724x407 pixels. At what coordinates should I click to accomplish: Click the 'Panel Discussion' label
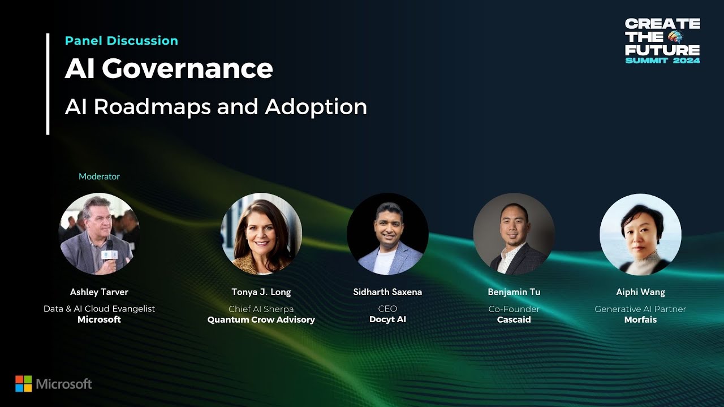[121, 41]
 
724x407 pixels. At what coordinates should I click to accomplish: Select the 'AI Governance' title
[169, 68]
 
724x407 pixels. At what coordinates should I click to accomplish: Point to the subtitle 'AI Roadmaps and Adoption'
[216, 106]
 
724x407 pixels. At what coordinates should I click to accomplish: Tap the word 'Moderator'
[99, 176]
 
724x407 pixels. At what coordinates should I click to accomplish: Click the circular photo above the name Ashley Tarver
[99, 234]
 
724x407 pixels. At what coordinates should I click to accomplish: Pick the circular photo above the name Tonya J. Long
[261, 234]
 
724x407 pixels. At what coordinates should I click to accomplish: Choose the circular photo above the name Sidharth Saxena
[387, 234]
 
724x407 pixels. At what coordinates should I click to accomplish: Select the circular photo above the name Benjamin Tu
[514, 234]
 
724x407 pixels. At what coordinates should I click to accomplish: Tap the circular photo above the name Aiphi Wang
[640, 234]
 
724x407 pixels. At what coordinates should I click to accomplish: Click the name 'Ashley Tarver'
[99, 292]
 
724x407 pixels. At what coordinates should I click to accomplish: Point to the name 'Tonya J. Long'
[261, 292]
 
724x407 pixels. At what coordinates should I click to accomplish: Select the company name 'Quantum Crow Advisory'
[261, 319]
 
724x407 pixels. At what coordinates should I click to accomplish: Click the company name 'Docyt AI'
[387, 319]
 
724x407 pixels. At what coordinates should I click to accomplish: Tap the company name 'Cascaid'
[514, 319]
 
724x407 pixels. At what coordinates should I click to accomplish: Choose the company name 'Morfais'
[640, 319]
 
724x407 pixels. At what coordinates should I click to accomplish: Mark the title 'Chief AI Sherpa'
[261, 309]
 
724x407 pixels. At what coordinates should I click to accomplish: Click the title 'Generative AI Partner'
[640, 309]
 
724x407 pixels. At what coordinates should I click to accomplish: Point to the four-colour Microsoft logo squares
[23, 384]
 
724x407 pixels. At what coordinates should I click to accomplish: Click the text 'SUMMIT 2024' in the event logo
[662, 60]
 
